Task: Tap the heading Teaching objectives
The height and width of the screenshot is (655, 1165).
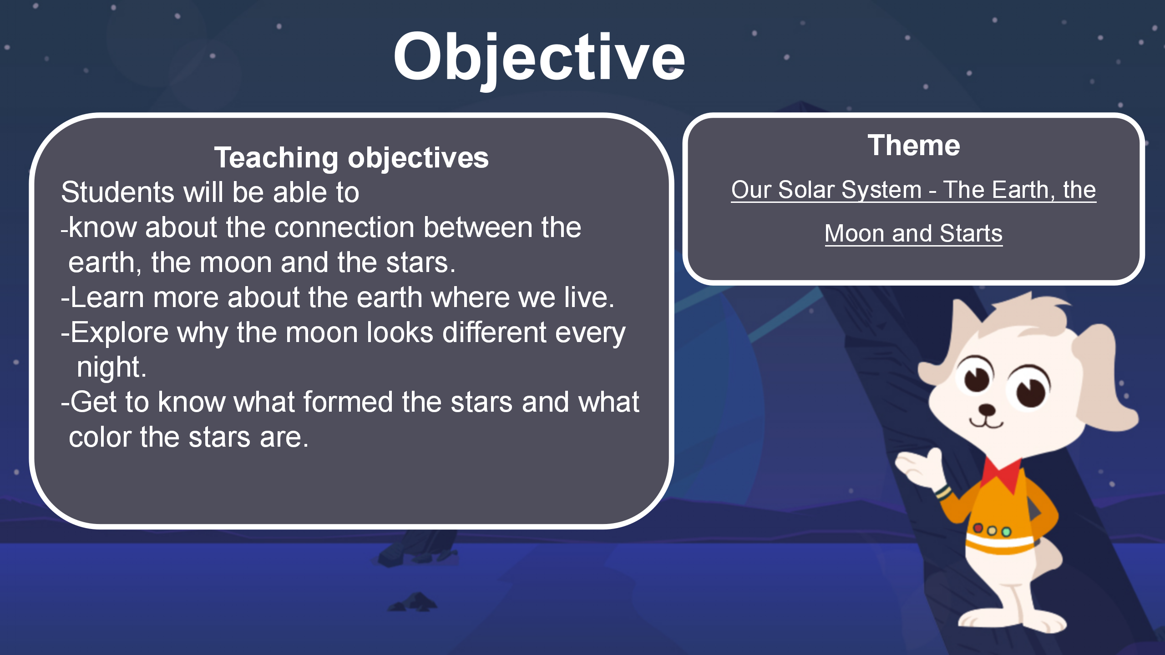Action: coord(351,158)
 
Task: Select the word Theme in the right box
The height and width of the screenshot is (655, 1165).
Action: coord(914,146)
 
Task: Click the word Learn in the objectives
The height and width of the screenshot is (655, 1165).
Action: coord(107,298)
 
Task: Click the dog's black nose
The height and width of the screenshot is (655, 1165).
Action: coord(986,409)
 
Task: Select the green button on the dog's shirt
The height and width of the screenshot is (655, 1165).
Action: coord(1006,532)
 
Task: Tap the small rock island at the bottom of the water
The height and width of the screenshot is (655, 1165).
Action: coord(413,602)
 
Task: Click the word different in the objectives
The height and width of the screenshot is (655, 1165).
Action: coord(494,333)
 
